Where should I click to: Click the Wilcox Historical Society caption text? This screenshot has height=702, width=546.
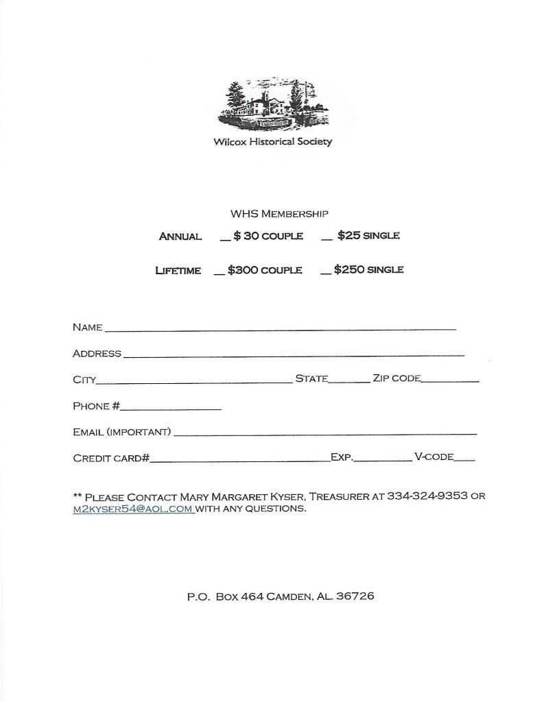point(273,142)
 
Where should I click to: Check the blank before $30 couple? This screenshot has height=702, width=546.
point(224,239)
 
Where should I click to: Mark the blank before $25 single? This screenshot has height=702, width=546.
point(327,239)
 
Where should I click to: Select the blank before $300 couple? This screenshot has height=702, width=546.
point(219,273)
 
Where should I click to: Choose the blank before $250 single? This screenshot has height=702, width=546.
point(325,273)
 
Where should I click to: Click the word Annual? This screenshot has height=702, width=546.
point(180,237)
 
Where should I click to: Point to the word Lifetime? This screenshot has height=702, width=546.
point(178,271)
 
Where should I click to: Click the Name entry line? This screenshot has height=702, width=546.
point(280,329)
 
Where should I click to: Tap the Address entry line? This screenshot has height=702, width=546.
point(294,355)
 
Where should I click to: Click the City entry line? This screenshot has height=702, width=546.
point(193,381)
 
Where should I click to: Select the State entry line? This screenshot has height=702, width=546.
point(349,381)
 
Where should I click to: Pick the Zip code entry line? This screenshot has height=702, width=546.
point(450,381)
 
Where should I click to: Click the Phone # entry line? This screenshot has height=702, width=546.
point(171,409)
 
